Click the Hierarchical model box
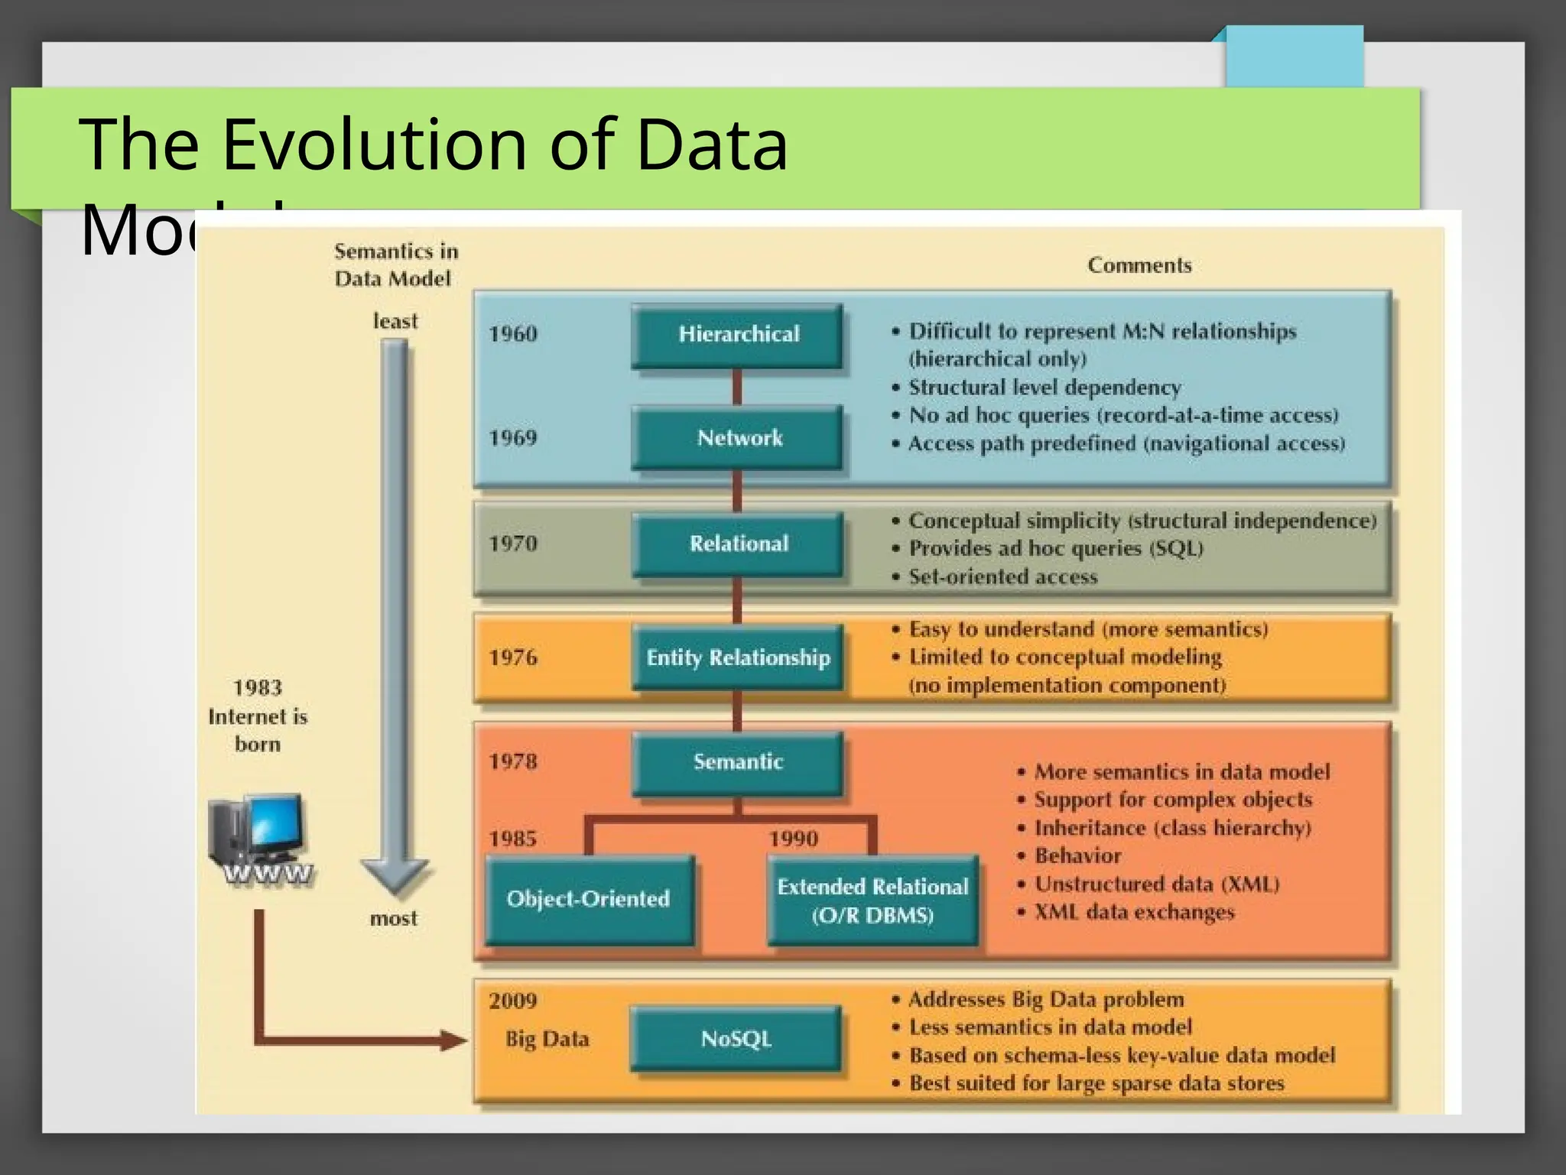click(x=738, y=335)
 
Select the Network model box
click(x=738, y=438)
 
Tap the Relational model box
click(x=738, y=544)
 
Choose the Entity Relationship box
click(x=738, y=657)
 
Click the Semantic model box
click(x=738, y=762)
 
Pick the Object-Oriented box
click(x=589, y=899)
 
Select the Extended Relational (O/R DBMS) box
click(x=872, y=901)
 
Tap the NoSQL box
click(x=736, y=1039)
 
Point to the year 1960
click(x=513, y=334)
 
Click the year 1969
click(x=513, y=438)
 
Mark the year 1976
click(x=513, y=657)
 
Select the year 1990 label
click(x=794, y=839)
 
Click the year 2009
click(x=513, y=1001)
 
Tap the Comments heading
click(x=1139, y=266)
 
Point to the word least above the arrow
click(x=395, y=321)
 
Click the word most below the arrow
click(x=394, y=918)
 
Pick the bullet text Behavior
click(x=1078, y=856)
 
